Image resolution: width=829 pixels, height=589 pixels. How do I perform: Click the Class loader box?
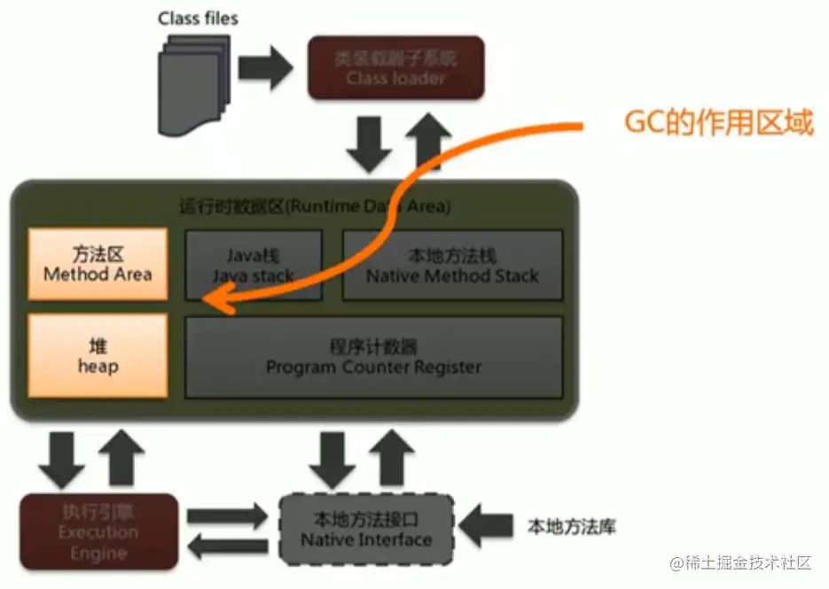[x=395, y=67]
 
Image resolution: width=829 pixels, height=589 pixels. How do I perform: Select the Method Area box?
[x=98, y=263]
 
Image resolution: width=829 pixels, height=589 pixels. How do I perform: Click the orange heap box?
[x=98, y=354]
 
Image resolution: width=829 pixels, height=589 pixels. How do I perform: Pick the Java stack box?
[x=252, y=265]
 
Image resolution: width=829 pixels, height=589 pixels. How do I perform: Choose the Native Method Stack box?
[x=451, y=265]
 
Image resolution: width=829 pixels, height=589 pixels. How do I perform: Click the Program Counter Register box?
[x=372, y=356]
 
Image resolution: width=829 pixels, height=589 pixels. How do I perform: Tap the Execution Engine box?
[x=98, y=531]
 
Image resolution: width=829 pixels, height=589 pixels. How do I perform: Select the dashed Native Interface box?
[x=365, y=529]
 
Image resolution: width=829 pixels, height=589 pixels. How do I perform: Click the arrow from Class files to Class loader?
[x=265, y=67]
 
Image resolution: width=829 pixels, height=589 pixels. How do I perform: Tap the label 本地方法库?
[x=571, y=527]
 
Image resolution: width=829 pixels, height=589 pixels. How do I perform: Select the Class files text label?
[x=198, y=18]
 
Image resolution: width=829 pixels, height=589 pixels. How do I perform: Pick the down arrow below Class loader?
[x=368, y=142]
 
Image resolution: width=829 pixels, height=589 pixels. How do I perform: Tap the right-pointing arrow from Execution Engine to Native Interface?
[x=227, y=515]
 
